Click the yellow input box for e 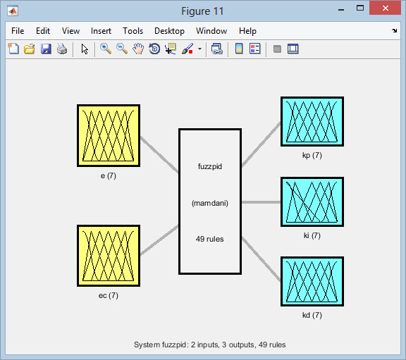click(109, 135)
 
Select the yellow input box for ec click(109, 256)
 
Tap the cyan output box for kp click(312, 122)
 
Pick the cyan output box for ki click(312, 202)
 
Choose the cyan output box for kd click(312, 282)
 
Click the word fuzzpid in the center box click(210, 166)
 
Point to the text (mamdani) click(210, 203)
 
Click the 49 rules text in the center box click(210, 239)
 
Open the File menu click(18, 31)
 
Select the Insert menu click(101, 31)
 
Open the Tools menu click(133, 31)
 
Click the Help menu click(247, 31)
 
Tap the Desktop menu click(169, 31)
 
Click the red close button click(386, 8)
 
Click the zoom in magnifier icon click(106, 49)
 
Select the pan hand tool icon click(138, 49)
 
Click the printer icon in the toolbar click(62, 49)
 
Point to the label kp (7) click(312, 155)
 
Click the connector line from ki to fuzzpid click(261, 202)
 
